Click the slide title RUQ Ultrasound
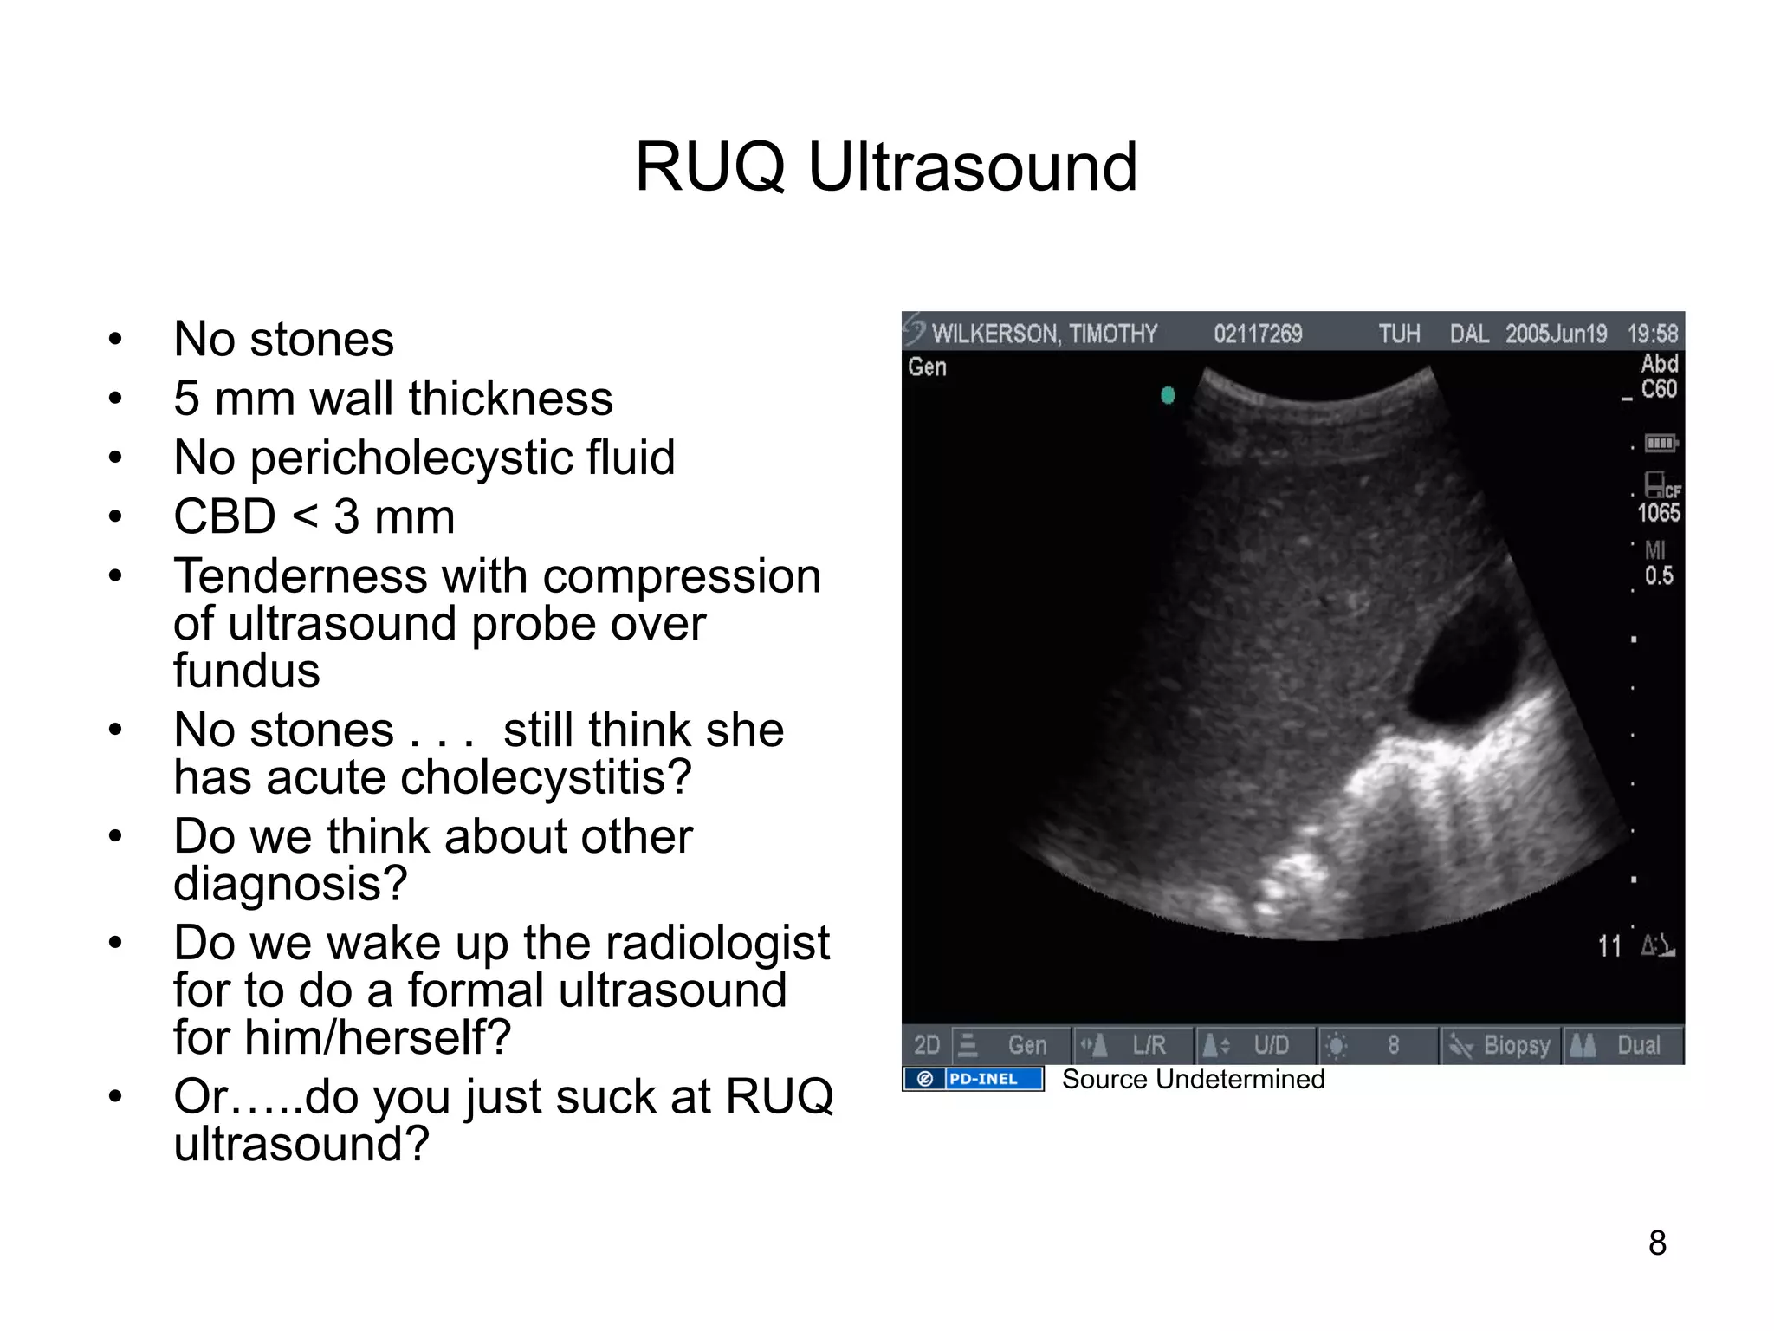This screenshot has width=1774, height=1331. click(886, 166)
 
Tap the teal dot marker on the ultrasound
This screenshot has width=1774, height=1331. click(1168, 395)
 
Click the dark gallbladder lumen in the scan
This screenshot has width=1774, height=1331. click(1464, 672)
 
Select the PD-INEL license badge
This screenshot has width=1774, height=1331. click(973, 1079)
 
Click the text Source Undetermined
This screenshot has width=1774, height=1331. click(1193, 1079)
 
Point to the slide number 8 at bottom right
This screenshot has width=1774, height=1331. click(1657, 1243)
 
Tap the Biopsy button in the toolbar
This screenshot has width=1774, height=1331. click(1503, 1045)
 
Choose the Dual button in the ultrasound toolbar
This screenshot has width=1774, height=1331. click(1625, 1045)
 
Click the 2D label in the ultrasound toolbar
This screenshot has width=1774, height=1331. click(926, 1045)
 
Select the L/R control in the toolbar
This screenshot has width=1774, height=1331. click(1135, 1045)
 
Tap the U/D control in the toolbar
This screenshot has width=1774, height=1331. click(1256, 1045)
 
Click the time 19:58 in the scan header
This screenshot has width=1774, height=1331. click(1652, 334)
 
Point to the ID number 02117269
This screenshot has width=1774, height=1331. click(1258, 334)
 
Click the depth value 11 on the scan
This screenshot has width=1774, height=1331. click(1609, 945)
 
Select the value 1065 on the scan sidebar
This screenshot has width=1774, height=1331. click(1658, 513)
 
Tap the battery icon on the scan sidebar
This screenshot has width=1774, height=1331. click(1661, 444)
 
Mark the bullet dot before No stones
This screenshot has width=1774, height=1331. click(115, 339)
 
